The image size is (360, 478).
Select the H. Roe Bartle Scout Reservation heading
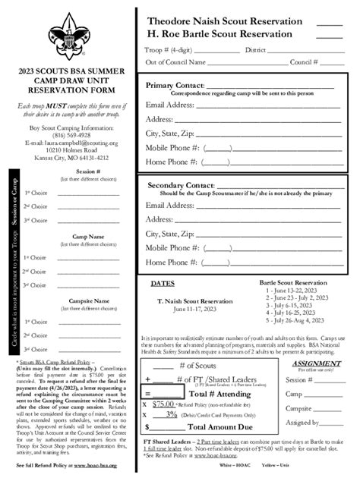coord(219,34)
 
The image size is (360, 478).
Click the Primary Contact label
coord(175,85)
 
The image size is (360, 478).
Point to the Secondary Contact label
coord(180,185)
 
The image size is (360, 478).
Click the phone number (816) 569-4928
coord(66,135)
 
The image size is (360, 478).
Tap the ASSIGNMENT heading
coord(311,363)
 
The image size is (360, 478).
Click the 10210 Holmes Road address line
coord(66,150)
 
